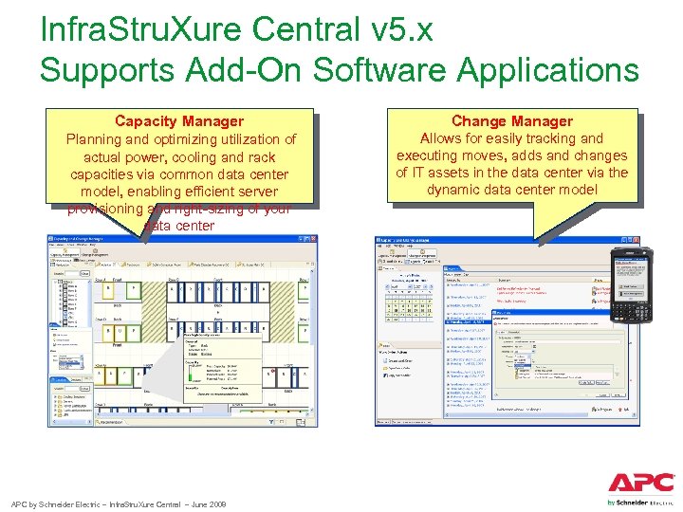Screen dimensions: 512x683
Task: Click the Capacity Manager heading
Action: click(x=179, y=121)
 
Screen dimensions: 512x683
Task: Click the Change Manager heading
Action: click(x=511, y=121)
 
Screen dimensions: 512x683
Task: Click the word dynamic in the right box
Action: click(x=459, y=190)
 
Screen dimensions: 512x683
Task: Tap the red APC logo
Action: click(x=641, y=482)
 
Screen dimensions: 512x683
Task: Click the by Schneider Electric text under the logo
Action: click(x=640, y=502)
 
